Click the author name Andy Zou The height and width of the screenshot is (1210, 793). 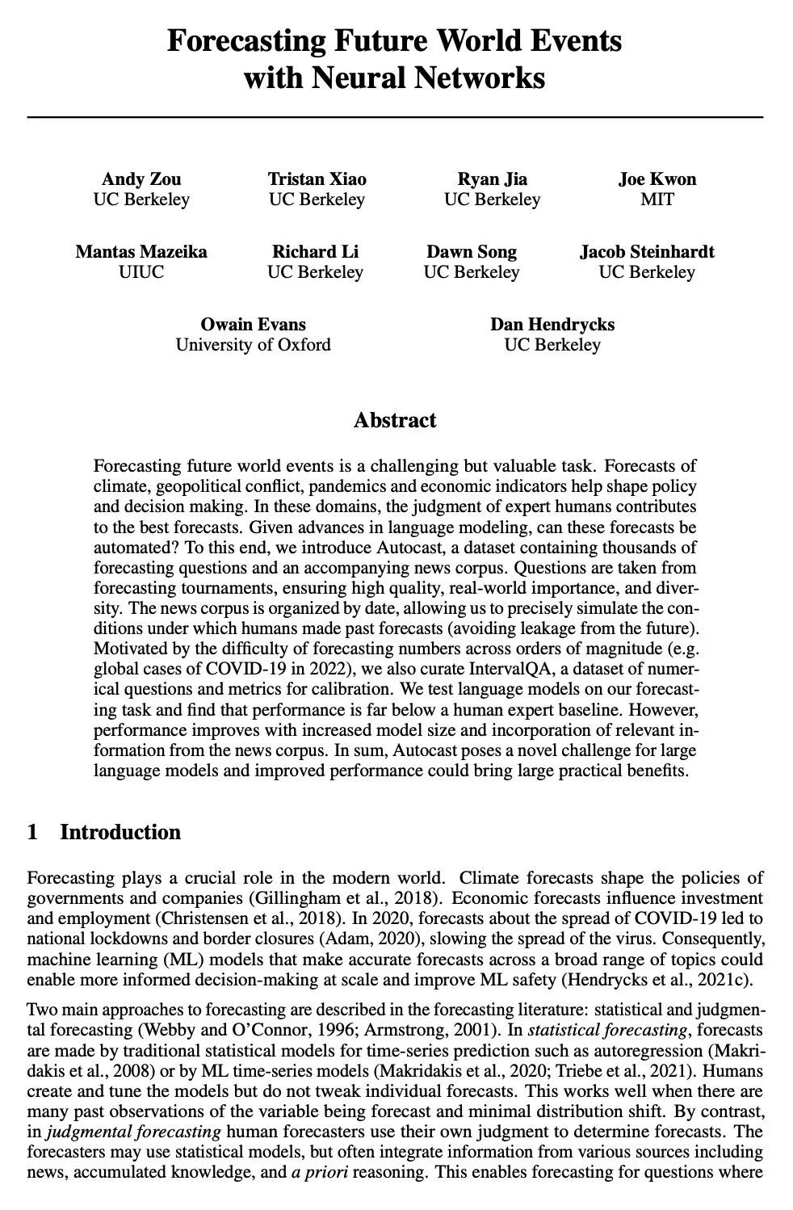click(141, 179)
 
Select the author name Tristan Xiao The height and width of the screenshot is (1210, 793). click(317, 179)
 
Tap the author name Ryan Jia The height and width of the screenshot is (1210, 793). click(492, 179)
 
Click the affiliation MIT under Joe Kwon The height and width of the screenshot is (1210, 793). click(657, 200)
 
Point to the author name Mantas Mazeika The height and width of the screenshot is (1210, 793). click(141, 252)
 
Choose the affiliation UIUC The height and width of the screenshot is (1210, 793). click(141, 272)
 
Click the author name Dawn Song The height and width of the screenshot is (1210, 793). click(472, 252)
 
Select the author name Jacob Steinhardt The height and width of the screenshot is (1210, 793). click(647, 252)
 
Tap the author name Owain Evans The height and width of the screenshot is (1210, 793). click(254, 325)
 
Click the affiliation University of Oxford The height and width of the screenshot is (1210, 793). click(254, 345)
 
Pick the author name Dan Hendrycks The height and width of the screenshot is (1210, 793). click(552, 325)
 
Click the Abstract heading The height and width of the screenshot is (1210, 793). click(395, 420)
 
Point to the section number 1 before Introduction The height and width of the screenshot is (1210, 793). click(32, 832)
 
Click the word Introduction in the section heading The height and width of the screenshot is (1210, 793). click(120, 832)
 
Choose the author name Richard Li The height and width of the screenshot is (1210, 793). click(315, 252)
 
